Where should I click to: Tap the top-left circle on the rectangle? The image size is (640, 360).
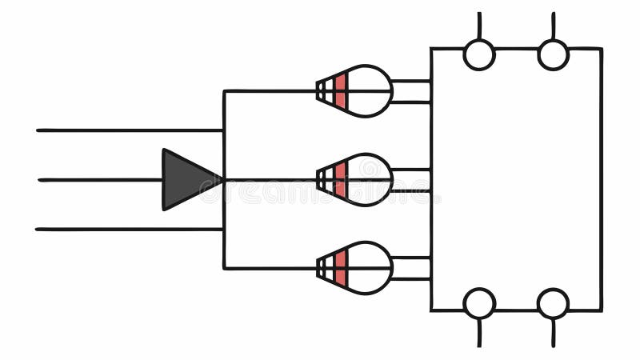tap(479, 54)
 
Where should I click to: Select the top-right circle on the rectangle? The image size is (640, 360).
tap(553, 54)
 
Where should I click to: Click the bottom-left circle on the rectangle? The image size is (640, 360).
tap(479, 304)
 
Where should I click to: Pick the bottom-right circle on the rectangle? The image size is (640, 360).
tap(553, 304)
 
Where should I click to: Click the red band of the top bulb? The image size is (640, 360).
tap(340, 90)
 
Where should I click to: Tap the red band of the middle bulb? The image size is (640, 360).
tap(340, 179)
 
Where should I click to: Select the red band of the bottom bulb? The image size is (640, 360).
tap(340, 268)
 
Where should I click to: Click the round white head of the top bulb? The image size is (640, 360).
tap(370, 90)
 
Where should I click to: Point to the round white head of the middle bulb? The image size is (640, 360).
tap(370, 179)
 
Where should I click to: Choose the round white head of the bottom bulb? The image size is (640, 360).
tap(370, 268)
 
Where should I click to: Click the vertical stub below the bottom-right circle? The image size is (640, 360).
tap(553, 332)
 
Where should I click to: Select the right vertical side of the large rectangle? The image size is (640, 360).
tap(601, 179)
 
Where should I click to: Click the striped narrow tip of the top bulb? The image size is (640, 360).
tap(323, 90)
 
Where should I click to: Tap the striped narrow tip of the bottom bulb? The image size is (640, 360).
tap(323, 268)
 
